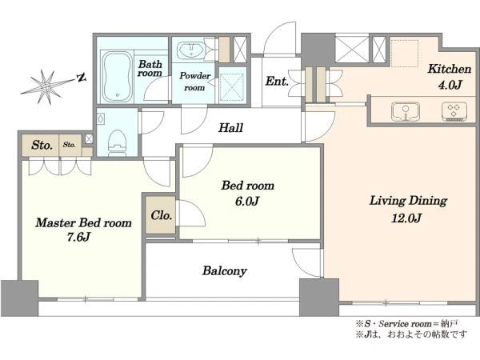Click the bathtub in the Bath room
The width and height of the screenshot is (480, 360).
(117, 77)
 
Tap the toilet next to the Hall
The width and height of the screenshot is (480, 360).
(118, 142)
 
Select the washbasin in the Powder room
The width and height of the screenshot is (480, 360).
(191, 50)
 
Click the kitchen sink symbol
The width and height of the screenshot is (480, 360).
(406, 111)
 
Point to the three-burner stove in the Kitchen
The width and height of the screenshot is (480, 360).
(454, 111)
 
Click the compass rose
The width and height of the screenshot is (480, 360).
(46, 86)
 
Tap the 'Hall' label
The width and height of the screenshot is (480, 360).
(230, 128)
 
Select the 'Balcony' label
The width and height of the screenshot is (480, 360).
(224, 271)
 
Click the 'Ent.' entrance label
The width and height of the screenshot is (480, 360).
(277, 81)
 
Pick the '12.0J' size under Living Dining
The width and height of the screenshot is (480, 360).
(407, 218)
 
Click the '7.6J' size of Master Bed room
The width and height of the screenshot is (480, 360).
(78, 237)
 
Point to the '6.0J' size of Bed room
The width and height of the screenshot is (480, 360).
(247, 202)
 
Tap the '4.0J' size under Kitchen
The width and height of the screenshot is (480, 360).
(450, 85)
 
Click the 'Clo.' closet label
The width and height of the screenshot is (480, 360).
(161, 215)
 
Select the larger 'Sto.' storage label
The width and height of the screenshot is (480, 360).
(42, 145)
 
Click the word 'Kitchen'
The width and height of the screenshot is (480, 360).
(449, 69)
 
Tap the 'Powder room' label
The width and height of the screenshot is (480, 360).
(194, 82)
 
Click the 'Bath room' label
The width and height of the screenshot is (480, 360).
(150, 69)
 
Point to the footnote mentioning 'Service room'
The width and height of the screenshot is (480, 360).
(406, 323)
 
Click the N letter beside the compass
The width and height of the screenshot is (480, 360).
(82, 78)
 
